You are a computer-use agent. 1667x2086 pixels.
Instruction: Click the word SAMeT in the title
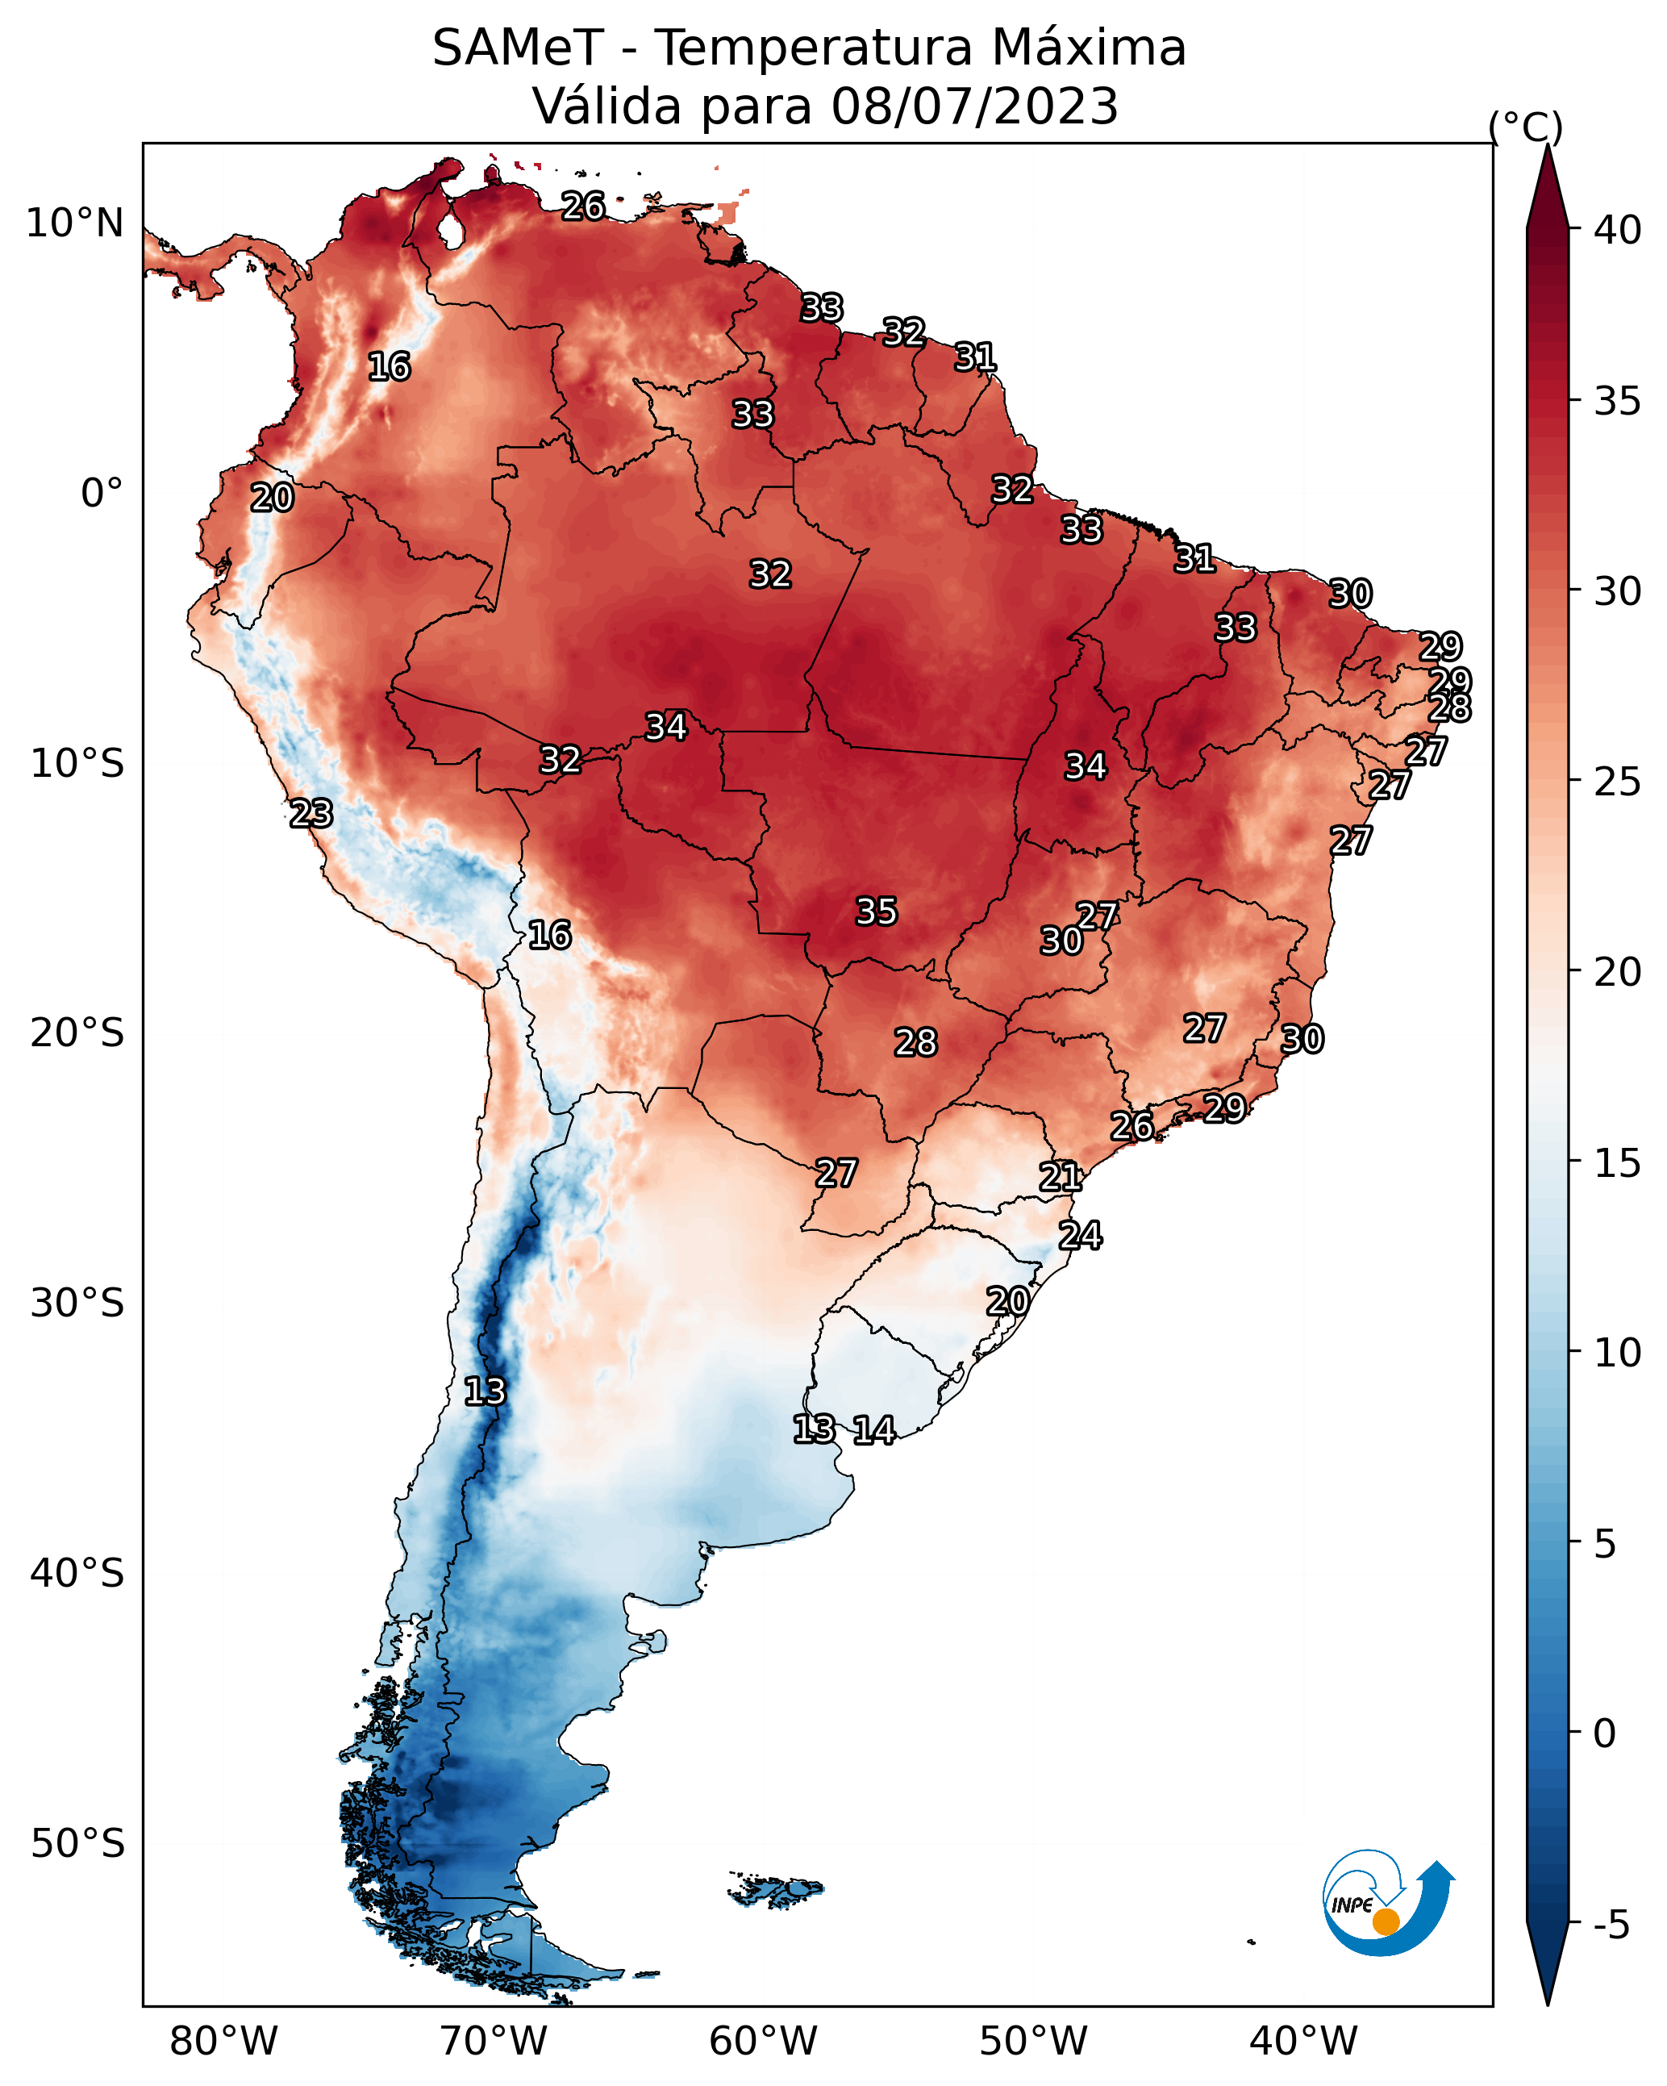[518, 48]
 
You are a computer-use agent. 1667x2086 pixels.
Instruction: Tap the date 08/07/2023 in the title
[975, 106]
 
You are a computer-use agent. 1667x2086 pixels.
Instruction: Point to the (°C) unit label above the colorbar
[1525, 127]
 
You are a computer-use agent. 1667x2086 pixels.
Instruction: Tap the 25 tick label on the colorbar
[1618, 782]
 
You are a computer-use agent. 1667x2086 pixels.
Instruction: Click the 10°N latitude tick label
[74, 223]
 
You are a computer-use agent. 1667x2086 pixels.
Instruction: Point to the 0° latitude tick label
[102, 494]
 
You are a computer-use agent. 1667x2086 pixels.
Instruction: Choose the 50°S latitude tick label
[77, 1844]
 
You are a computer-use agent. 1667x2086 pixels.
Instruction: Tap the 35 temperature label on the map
[877, 912]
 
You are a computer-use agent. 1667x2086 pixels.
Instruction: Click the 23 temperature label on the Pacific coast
[311, 814]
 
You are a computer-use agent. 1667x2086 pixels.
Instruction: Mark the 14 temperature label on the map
[873, 1430]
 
